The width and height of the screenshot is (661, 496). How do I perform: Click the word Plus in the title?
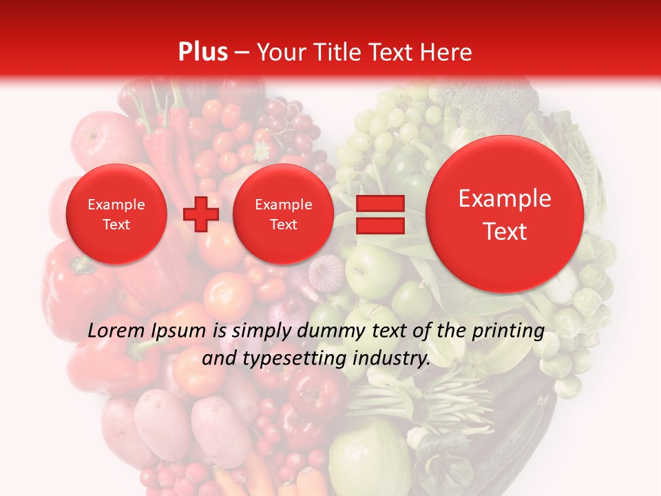[202, 52]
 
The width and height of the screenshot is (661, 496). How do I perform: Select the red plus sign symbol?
[201, 214]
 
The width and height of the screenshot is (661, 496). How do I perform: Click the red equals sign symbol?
[380, 214]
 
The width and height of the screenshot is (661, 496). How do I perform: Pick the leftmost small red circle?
[116, 214]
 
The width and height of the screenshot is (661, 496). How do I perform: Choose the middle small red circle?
[283, 214]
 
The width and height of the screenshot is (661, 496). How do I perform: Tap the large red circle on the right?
[505, 214]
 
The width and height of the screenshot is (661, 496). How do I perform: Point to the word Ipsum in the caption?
[178, 331]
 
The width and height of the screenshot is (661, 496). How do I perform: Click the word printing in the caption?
[508, 331]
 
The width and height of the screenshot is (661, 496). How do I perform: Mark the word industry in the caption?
[392, 359]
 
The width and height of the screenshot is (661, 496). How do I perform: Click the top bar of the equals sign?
[380, 203]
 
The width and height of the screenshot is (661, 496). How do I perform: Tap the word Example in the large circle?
[505, 198]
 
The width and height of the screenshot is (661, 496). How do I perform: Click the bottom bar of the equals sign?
[380, 226]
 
